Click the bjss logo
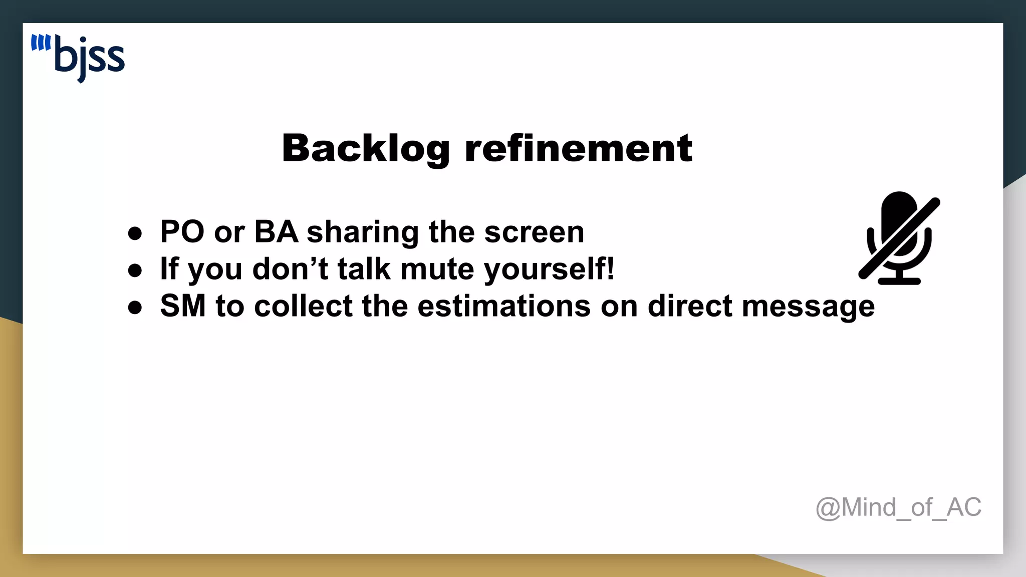tap(78, 58)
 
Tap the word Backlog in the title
tap(366, 149)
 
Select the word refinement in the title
tap(579, 149)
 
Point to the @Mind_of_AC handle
tap(898, 507)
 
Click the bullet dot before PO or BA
tap(135, 233)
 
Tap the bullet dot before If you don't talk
tap(135, 270)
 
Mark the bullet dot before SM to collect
tap(135, 308)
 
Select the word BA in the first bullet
tap(276, 232)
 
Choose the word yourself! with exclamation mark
tap(549, 269)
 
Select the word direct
tap(690, 306)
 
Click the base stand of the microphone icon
tap(899, 280)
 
